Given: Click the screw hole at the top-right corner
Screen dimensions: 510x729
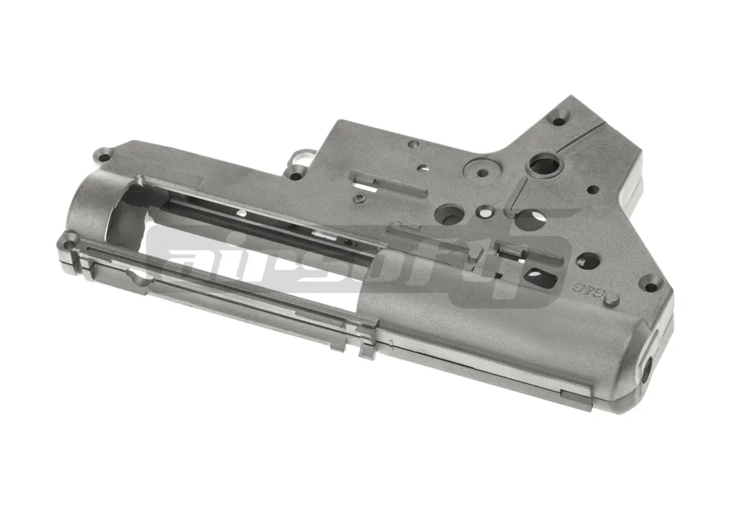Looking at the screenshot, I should click(558, 121).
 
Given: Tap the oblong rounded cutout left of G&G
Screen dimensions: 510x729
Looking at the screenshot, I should click(542, 275).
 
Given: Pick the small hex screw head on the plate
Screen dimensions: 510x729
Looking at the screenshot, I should click(358, 201).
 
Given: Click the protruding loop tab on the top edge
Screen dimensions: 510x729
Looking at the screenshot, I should click(296, 160).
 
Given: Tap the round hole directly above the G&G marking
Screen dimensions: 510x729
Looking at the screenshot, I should click(583, 261).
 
